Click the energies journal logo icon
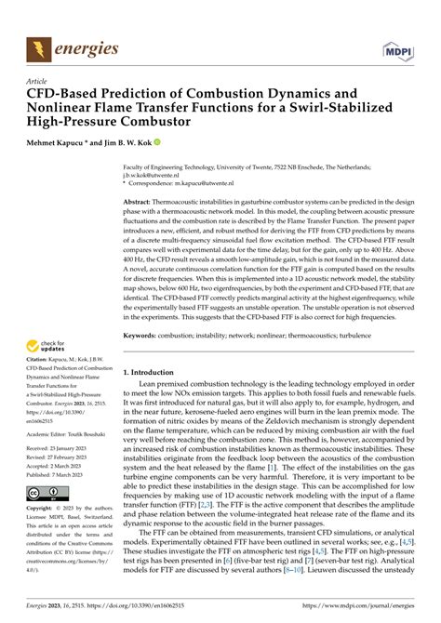click(x=39, y=46)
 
